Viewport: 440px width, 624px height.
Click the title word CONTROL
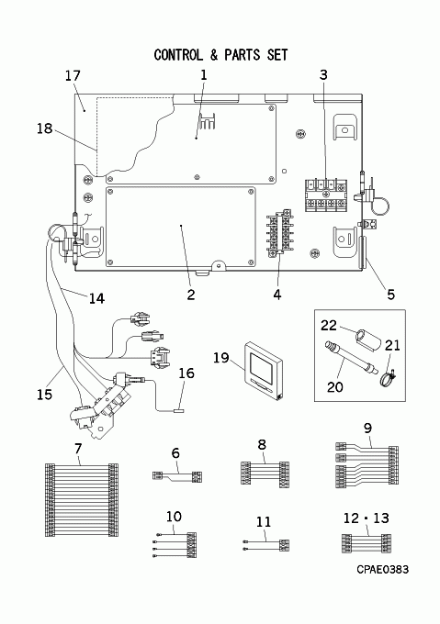click(x=178, y=55)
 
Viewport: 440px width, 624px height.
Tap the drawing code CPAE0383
click(x=383, y=570)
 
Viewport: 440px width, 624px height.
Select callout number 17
click(x=73, y=75)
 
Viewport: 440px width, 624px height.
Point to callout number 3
click(x=323, y=74)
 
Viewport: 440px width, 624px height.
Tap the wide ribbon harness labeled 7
click(x=82, y=500)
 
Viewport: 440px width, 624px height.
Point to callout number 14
click(x=96, y=298)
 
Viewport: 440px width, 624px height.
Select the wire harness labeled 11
click(x=266, y=545)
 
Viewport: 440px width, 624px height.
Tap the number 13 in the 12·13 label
click(x=381, y=518)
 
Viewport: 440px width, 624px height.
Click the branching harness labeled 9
click(x=367, y=466)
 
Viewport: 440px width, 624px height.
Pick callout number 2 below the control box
click(x=191, y=295)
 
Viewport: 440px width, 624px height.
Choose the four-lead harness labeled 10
click(x=175, y=545)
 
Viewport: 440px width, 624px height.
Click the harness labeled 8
click(x=265, y=474)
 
